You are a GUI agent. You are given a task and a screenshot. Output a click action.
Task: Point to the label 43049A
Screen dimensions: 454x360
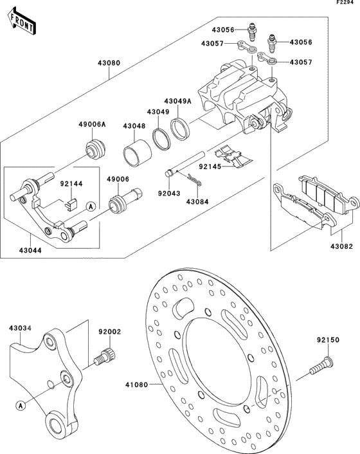click(x=177, y=102)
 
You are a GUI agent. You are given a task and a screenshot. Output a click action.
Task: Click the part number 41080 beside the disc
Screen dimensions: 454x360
click(x=136, y=385)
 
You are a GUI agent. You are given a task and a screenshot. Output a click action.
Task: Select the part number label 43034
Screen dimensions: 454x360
click(x=21, y=328)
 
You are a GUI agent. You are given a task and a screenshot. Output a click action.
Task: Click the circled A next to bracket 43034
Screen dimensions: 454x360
click(x=22, y=404)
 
